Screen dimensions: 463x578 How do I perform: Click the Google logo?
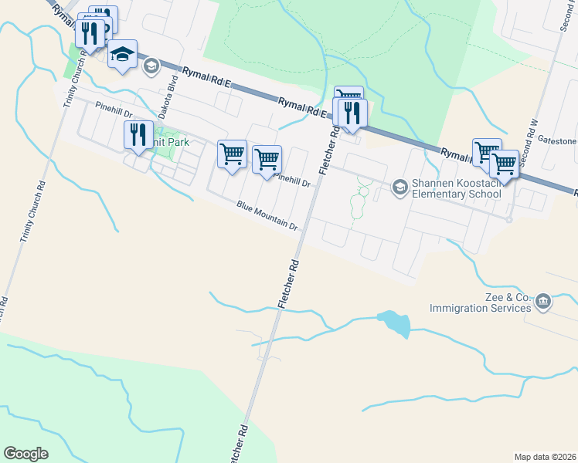(25, 454)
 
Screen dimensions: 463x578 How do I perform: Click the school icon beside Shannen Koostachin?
(399, 186)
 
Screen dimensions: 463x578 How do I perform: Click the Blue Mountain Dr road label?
(267, 216)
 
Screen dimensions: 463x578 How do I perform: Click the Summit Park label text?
(172, 142)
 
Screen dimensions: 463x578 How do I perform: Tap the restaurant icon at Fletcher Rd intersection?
(352, 112)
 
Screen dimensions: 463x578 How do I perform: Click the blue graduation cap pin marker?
(122, 54)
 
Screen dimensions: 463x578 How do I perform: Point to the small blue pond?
(394, 322)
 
